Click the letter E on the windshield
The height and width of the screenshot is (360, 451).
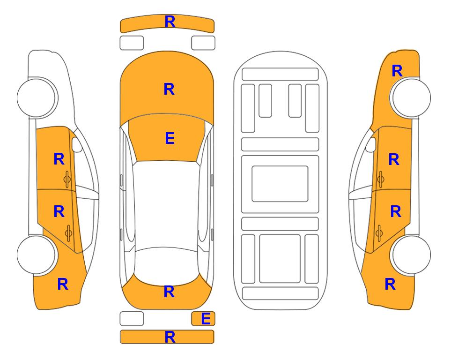tap(170, 138)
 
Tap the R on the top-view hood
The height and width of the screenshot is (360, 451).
tap(169, 89)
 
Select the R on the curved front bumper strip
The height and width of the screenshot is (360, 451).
tap(170, 22)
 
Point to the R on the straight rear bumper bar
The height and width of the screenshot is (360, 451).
tap(170, 337)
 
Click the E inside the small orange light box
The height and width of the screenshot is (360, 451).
tap(206, 319)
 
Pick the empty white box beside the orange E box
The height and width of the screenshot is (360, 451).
tap(132, 319)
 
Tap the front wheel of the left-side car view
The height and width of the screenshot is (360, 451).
tap(37, 97)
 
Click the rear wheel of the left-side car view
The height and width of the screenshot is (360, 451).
tap(37, 255)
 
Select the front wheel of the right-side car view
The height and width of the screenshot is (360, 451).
tap(411, 97)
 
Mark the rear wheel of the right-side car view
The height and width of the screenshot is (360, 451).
tap(411, 255)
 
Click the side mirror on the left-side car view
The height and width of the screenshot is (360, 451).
tap(77, 144)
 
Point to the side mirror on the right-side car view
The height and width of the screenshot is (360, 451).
tap(371, 144)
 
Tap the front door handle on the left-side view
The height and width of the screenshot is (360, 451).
tap(67, 179)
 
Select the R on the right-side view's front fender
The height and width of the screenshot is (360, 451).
tap(397, 71)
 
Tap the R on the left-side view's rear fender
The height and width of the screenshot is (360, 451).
tap(63, 284)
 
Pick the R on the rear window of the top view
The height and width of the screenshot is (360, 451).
tap(169, 292)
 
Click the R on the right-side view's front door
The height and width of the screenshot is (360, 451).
tap(394, 159)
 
